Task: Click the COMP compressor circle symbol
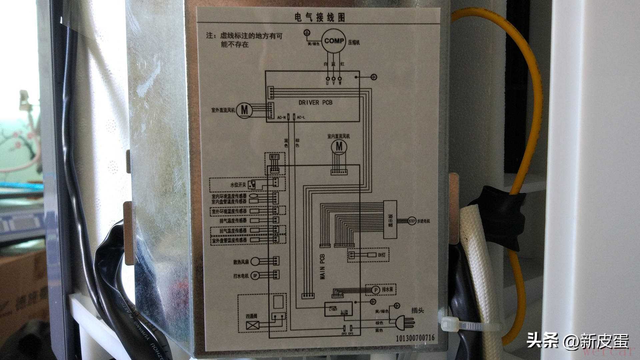pyautogui.click(x=334, y=41)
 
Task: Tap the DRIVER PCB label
pyautogui.click(x=315, y=103)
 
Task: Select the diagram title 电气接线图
pyautogui.click(x=319, y=17)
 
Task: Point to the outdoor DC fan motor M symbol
pyautogui.click(x=245, y=110)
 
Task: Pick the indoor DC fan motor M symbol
pyautogui.click(x=339, y=146)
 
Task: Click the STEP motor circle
pyautogui.click(x=412, y=221)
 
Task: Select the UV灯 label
pyautogui.click(x=382, y=255)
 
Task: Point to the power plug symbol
pyautogui.click(x=404, y=322)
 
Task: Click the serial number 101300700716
pyautogui.click(x=415, y=338)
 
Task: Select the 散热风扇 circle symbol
pyautogui.click(x=256, y=262)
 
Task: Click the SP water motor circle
pyautogui.click(x=255, y=276)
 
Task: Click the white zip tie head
pyautogui.click(x=446, y=323)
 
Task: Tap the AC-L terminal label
pyautogui.click(x=301, y=118)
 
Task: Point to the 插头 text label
pyautogui.click(x=417, y=310)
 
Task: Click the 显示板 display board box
pyautogui.click(x=390, y=219)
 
